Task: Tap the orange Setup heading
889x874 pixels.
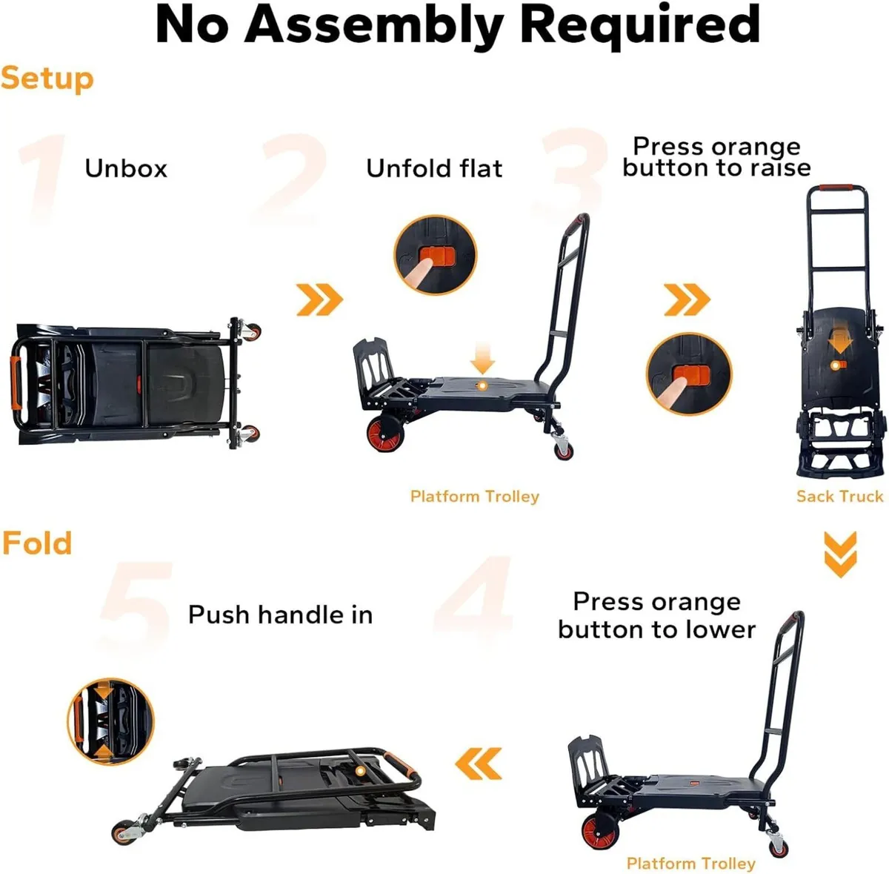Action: click(x=47, y=78)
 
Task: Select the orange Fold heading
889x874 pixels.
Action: click(x=37, y=543)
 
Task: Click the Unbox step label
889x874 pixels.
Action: click(x=126, y=168)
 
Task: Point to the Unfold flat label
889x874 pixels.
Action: click(x=434, y=168)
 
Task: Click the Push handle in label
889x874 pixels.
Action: click(x=280, y=615)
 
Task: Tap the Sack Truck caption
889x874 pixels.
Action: click(x=839, y=496)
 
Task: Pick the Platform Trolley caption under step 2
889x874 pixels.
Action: click(x=475, y=496)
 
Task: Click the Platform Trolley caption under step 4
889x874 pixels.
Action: click(x=690, y=863)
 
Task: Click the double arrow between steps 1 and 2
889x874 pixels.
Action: click(x=319, y=299)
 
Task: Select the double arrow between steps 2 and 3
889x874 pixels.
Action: click(x=687, y=299)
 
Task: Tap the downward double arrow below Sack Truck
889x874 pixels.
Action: click(x=840, y=554)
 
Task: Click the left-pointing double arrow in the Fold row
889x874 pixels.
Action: click(x=479, y=763)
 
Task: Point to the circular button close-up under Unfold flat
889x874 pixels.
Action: click(x=435, y=256)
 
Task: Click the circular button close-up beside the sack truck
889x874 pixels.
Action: click(x=689, y=373)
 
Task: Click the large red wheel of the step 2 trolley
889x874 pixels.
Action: click(x=386, y=433)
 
